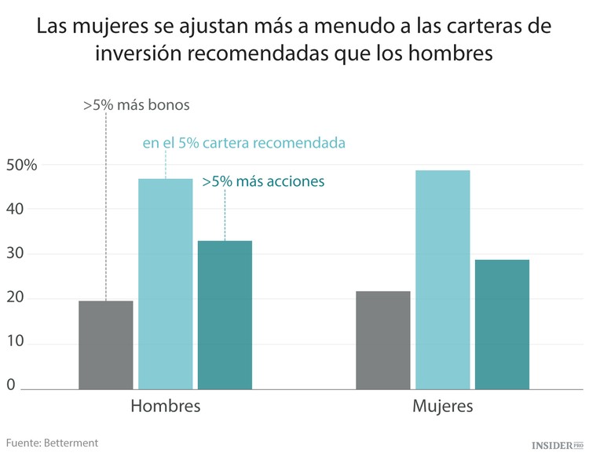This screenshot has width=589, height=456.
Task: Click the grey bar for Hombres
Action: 106,345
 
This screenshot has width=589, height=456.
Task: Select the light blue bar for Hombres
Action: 166,283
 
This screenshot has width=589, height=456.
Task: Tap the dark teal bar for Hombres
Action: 225,314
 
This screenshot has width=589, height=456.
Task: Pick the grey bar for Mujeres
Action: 383,340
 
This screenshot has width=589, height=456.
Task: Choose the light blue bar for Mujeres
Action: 443,279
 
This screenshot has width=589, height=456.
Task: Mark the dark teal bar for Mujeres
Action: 502,323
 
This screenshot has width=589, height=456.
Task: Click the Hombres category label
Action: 166,407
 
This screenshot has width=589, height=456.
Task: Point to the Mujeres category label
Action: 443,407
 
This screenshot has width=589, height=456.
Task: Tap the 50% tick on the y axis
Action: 21,166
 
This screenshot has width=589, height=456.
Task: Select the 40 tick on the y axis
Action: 16,210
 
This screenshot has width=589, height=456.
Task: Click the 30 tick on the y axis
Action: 16,254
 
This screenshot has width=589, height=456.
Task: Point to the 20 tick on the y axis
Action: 16,298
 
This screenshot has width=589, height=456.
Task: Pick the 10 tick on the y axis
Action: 16,343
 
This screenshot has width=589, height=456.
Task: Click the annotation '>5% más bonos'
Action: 137,104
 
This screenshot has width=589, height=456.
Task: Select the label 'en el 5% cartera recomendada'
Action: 244,144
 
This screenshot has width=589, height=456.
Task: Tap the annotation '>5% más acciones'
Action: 263,181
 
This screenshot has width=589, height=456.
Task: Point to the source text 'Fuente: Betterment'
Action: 53,443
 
